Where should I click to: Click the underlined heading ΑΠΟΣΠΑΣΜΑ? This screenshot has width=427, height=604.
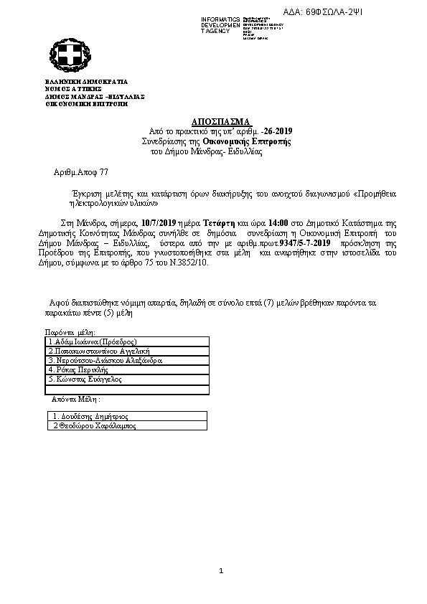[x=221, y=121]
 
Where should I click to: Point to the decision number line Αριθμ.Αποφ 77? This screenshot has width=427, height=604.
[x=81, y=174]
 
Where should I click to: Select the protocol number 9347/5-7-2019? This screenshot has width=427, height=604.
[x=304, y=244]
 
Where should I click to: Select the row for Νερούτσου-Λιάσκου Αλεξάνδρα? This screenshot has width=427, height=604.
[x=105, y=361]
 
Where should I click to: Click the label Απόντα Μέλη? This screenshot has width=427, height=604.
[x=75, y=399]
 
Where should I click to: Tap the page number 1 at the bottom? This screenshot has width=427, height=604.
[x=222, y=572]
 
